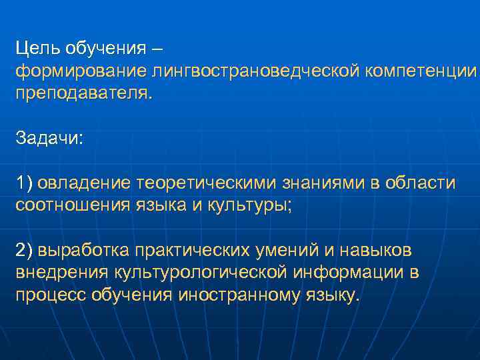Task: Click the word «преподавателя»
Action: (83, 92)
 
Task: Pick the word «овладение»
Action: (83, 183)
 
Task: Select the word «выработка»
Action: (83, 250)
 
